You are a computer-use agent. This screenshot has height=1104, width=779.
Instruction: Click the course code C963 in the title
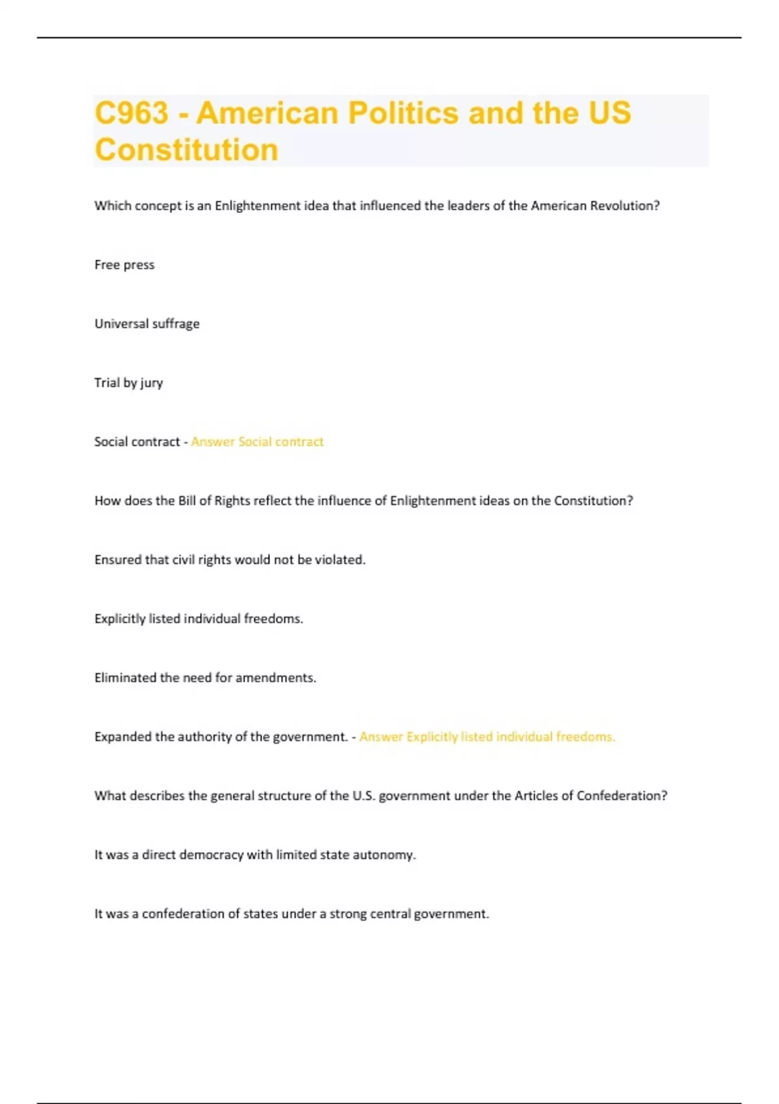[x=131, y=113]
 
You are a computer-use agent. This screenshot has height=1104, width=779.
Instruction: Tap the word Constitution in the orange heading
[x=186, y=150]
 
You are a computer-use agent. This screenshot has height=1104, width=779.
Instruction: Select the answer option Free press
[x=124, y=265]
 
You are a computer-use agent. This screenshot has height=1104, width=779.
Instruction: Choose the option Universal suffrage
[x=147, y=324]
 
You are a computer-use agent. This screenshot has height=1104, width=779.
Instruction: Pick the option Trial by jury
[x=129, y=383]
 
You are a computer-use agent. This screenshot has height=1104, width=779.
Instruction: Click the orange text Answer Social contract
[x=257, y=442]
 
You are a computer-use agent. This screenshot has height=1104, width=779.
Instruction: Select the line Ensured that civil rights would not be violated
[x=230, y=560]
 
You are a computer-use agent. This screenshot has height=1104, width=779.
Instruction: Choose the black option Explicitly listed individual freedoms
[x=199, y=619]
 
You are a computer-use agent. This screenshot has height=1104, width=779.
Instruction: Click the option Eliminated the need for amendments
[x=205, y=678]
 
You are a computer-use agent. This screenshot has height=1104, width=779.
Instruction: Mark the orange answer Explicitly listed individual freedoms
[x=487, y=737]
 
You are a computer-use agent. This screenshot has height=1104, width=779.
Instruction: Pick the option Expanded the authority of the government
[x=221, y=737]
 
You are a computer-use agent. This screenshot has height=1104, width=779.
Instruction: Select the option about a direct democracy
[x=255, y=855]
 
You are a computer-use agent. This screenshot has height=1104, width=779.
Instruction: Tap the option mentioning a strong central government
[x=291, y=914]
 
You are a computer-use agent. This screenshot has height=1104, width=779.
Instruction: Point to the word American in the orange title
[x=267, y=113]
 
